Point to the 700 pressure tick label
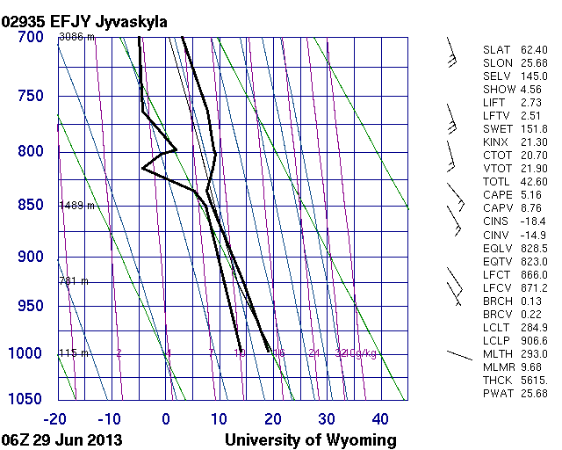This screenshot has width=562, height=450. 30,38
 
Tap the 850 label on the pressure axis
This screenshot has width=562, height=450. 30,205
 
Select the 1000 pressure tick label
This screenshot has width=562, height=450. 26,353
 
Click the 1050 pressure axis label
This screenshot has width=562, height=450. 26,399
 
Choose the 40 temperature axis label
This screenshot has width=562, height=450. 380,418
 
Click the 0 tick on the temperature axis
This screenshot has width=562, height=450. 166,418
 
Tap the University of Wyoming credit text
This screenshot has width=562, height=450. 311,439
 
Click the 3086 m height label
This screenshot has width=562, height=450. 77,38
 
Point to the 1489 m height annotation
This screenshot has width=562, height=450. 77,206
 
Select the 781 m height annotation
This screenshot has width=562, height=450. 75,281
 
